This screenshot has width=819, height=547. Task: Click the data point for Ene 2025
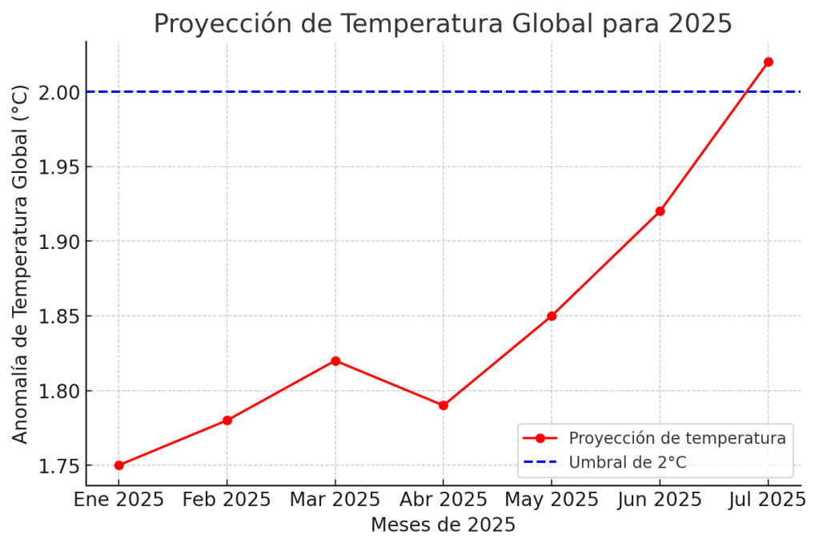click(118, 465)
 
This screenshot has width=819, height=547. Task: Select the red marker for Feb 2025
click(227, 420)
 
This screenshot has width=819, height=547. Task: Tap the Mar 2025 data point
click(335, 361)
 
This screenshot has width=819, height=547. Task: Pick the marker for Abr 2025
click(444, 405)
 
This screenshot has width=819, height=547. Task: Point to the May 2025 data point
click(552, 316)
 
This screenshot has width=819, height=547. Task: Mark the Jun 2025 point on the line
click(660, 211)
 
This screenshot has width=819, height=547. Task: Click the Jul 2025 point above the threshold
click(769, 62)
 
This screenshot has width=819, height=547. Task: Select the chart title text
click(443, 24)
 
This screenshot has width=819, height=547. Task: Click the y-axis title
click(21, 263)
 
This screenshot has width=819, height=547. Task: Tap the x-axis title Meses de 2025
click(443, 525)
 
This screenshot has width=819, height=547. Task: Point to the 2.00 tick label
click(58, 92)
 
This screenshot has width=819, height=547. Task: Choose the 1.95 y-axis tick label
click(58, 167)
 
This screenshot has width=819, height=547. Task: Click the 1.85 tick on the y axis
click(58, 316)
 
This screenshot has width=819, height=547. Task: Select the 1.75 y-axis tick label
click(58, 466)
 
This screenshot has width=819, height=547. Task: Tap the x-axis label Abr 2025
click(444, 500)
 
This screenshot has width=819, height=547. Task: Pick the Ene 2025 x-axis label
click(118, 500)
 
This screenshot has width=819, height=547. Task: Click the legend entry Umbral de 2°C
click(627, 462)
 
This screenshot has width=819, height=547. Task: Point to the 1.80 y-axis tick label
click(58, 392)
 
